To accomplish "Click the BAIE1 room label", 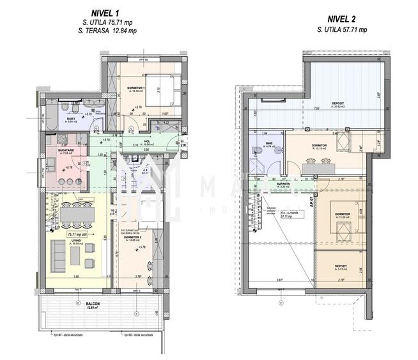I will click(x=68, y=118).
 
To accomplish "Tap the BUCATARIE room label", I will click(x=66, y=151).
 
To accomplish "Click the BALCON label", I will click(x=86, y=304).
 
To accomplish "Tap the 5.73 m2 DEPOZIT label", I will click(x=337, y=265).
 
